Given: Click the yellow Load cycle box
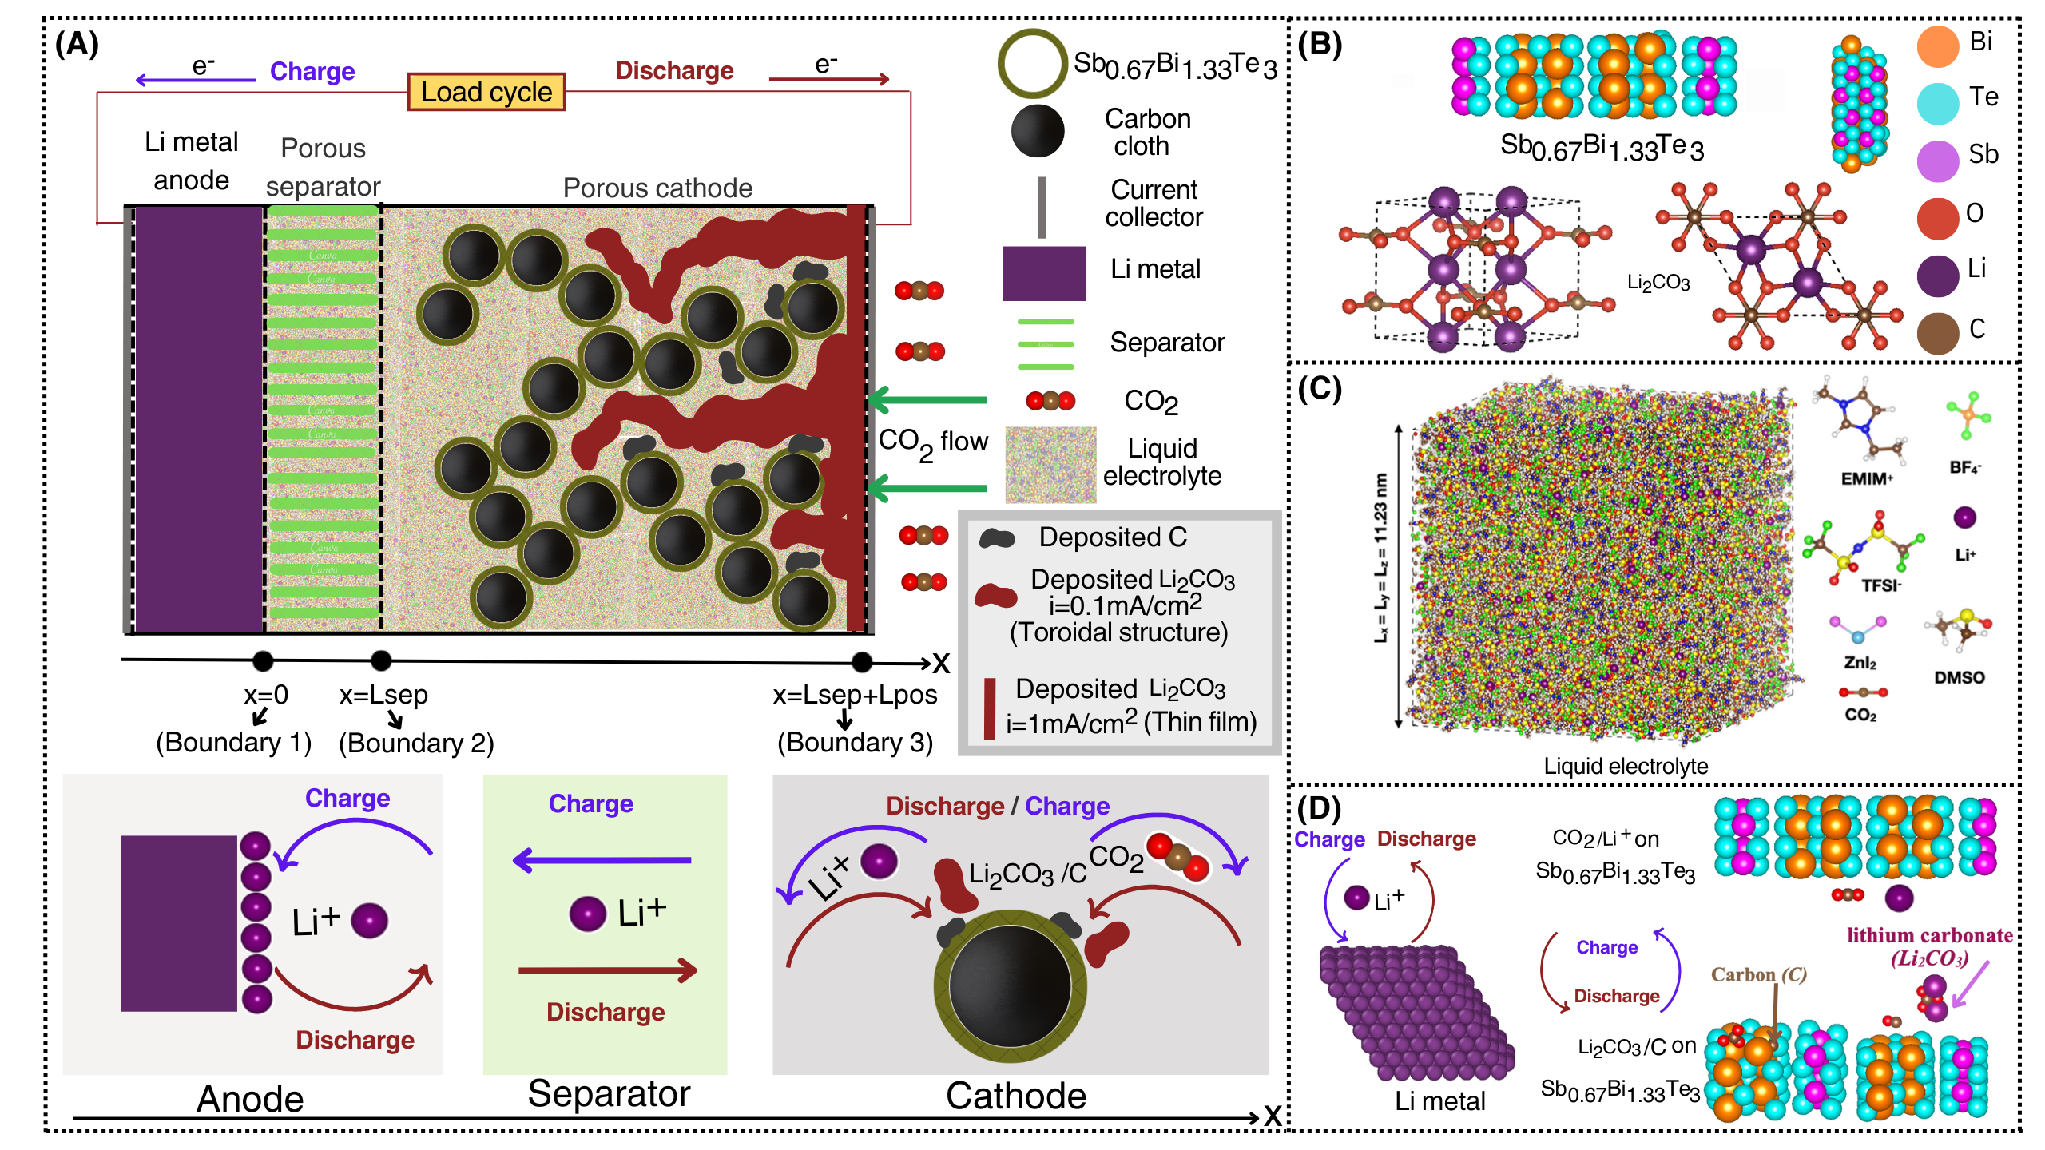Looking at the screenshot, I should click(x=486, y=92).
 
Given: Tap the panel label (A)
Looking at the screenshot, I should click(x=77, y=43).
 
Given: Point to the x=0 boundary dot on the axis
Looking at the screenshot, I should click(x=263, y=660).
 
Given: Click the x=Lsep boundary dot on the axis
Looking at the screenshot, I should click(x=381, y=660).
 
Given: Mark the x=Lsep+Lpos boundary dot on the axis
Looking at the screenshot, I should click(x=862, y=661).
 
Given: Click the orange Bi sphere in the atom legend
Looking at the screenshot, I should click(x=1937, y=46).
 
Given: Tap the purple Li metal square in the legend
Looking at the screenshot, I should click(x=1044, y=273).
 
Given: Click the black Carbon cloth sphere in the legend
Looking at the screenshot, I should click(x=1038, y=131).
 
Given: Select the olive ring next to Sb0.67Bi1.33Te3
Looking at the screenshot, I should click(x=1032, y=64).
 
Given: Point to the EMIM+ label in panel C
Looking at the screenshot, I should click(x=1866, y=478).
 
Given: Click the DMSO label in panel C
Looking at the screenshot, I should click(x=1959, y=677).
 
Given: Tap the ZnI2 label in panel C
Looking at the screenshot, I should click(x=1860, y=662).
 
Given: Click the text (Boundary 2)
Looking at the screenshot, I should click(x=416, y=744).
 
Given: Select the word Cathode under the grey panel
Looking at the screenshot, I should click(x=1015, y=1096).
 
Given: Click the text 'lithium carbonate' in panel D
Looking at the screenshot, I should click(x=1929, y=935).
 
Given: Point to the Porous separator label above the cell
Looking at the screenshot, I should click(x=323, y=167).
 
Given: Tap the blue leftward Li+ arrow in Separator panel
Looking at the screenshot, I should click(x=602, y=860).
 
